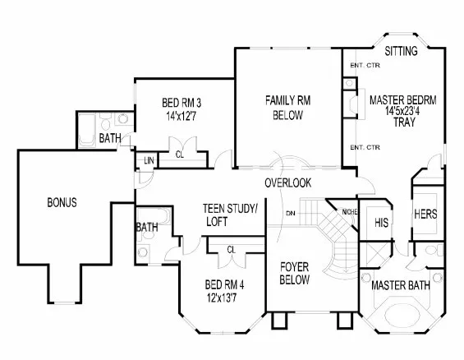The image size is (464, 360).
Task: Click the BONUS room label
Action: tap(62, 202)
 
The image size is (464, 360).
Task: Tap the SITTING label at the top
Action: tap(401, 51)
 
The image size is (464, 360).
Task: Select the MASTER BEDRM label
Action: tap(402, 99)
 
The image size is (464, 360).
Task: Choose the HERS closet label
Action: tap(425, 213)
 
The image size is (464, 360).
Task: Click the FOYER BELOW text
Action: tap(294, 273)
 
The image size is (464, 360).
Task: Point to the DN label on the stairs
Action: tap(291, 213)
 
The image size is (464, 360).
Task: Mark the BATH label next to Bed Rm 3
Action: tap(110, 138)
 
